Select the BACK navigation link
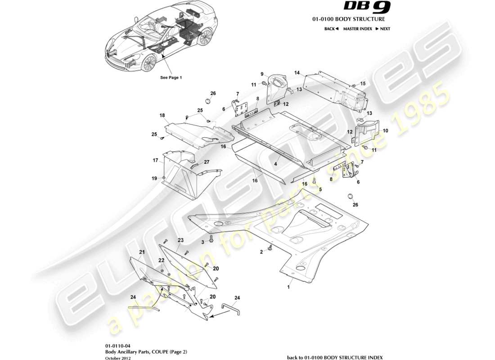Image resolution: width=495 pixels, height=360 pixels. [x=331, y=29]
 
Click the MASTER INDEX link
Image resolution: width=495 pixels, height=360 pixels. [x=357, y=29]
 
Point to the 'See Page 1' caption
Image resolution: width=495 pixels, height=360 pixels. [x=171, y=77]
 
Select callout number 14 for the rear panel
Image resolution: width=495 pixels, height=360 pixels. [x=297, y=72]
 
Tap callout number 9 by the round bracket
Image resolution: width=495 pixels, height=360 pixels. [x=261, y=74]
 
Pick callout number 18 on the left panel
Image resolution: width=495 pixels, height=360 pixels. [x=162, y=116]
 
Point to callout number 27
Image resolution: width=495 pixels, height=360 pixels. [x=207, y=162]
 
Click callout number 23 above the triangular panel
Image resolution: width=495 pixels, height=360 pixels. [x=180, y=240]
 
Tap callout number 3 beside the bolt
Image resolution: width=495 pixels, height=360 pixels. [x=202, y=242]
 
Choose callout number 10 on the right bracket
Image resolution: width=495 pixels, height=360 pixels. [x=385, y=130]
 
